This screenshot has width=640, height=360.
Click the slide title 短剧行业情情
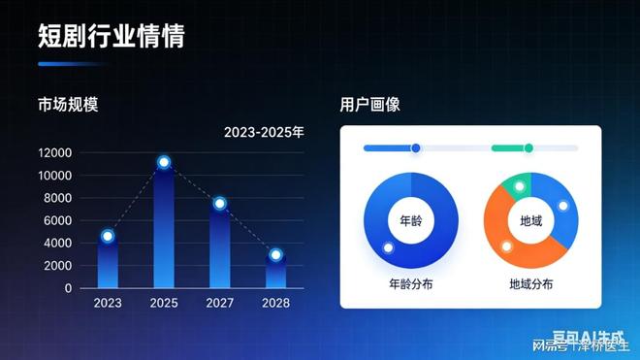click(x=111, y=37)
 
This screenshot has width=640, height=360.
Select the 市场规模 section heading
click(x=68, y=104)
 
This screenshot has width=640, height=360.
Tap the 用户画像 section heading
click(x=370, y=104)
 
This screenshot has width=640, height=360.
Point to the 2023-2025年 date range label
click(x=264, y=131)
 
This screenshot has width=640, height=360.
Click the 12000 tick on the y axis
click(x=55, y=153)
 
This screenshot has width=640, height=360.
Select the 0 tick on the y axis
click(x=69, y=288)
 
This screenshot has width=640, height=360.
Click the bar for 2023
click(x=108, y=264)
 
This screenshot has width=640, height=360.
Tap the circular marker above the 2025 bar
click(x=164, y=162)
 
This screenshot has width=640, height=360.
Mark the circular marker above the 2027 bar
click(x=220, y=204)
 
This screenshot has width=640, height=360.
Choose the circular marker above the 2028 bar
click(x=275, y=255)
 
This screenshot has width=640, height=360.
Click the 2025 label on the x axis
click(x=164, y=303)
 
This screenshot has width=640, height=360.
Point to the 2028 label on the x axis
click(x=275, y=303)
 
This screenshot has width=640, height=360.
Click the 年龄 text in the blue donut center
click(x=411, y=221)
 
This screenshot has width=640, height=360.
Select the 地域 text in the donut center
click(x=531, y=221)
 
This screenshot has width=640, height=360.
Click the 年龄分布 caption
click(x=411, y=285)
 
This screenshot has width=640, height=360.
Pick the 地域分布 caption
click(x=531, y=285)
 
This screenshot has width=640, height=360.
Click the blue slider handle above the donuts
click(x=416, y=148)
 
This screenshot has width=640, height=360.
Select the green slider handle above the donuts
click(x=528, y=148)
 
